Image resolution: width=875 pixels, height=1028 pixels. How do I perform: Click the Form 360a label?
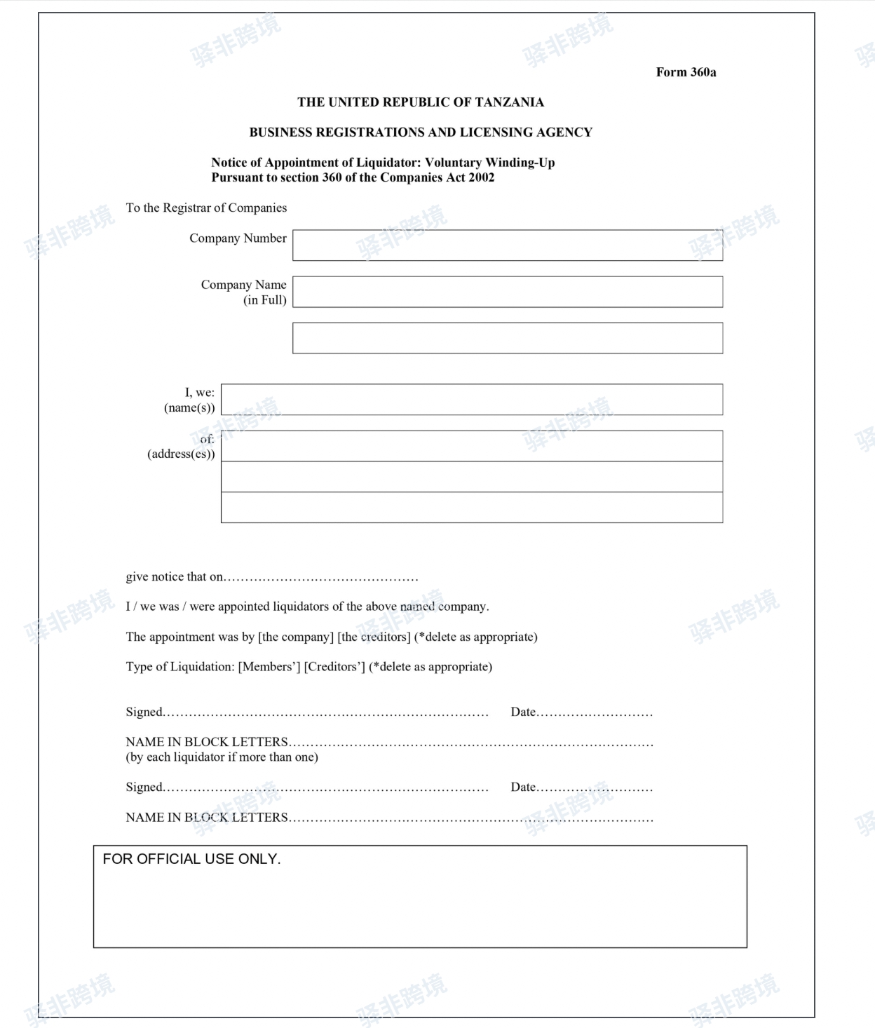[x=686, y=72]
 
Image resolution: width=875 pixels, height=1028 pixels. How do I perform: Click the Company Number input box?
[x=507, y=245]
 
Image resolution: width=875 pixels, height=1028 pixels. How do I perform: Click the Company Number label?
[x=238, y=238]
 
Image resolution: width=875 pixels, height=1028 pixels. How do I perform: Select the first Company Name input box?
[x=507, y=292]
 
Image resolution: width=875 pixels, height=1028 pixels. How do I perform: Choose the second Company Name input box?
[x=507, y=338]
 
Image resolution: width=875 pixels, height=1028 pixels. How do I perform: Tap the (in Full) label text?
[x=265, y=300]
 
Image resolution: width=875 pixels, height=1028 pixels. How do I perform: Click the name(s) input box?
[x=471, y=400]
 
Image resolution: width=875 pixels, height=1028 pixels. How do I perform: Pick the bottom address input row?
[x=471, y=507]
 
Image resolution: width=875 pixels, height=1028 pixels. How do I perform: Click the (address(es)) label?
[x=181, y=454]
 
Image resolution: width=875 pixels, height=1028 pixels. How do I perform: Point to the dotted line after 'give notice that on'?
[x=321, y=579]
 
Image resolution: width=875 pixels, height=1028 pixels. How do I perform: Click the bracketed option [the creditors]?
[x=374, y=637]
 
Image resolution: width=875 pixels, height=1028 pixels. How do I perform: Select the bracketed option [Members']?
[x=269, y=667]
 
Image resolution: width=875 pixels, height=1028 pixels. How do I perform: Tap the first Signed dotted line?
[x=326, y=714]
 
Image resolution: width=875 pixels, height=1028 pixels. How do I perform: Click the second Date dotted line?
[x=595, y=789]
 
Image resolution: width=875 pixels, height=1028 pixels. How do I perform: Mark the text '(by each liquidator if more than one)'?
[x=222, y=757]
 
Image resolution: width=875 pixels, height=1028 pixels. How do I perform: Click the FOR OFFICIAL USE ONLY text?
[x=191, y=859]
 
